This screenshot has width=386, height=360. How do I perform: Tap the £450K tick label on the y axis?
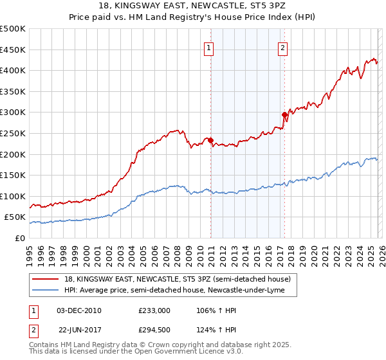[x=13, y=50]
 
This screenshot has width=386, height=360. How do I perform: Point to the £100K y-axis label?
[x=13, y=196]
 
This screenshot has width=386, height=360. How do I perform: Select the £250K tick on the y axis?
[x=13, y=133]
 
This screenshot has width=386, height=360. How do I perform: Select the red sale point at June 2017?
[x=284, y=114]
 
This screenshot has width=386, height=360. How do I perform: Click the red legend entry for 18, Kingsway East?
[x=178, y=279]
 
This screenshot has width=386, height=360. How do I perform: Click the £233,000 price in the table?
[x=154, y=310]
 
